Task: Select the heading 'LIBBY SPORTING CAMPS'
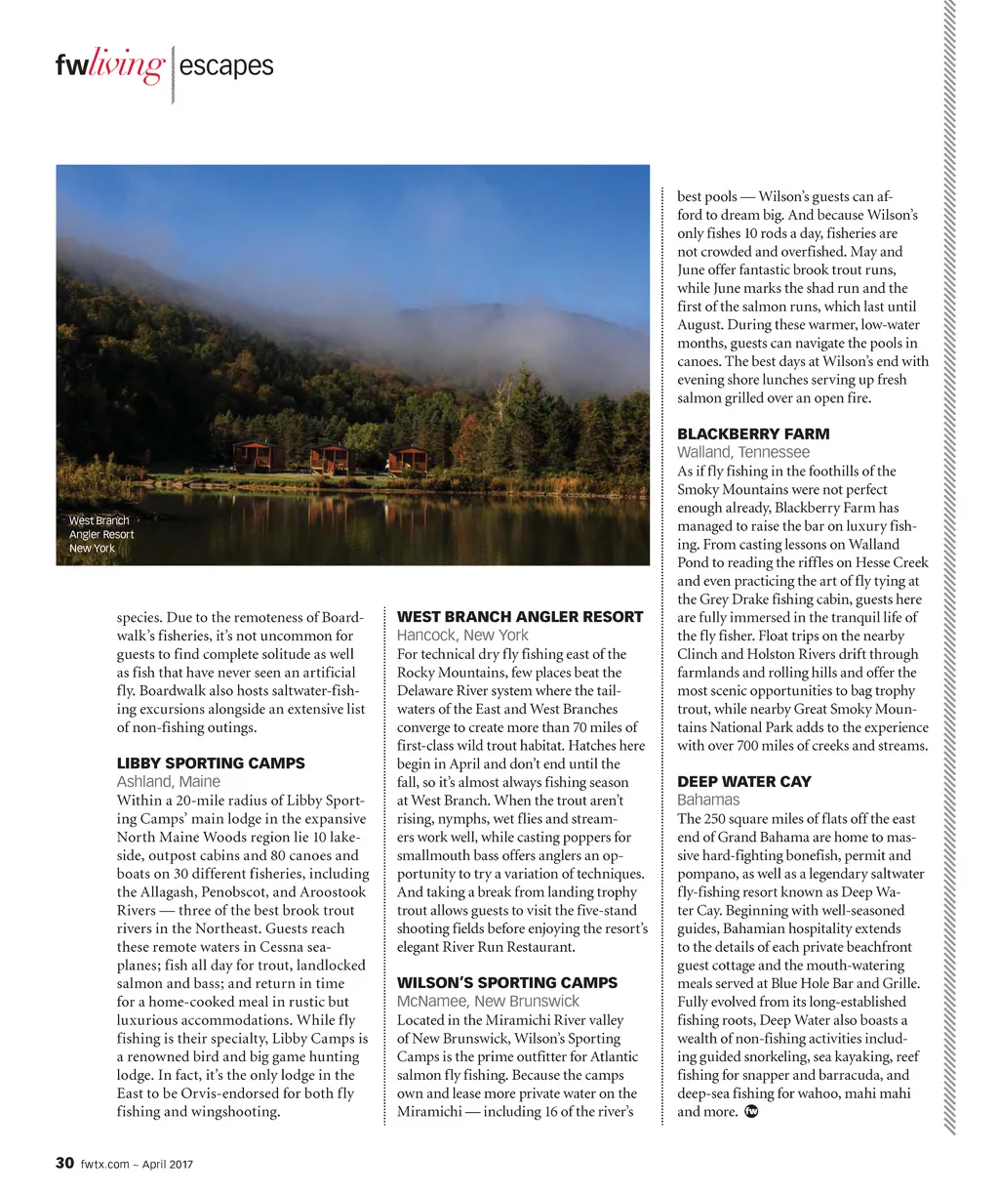click(211, 763)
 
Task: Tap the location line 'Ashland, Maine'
click(169, 782)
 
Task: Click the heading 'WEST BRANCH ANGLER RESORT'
click(520, 617)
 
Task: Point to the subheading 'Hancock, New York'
click(462, 636)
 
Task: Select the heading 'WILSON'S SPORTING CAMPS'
click(507, 983)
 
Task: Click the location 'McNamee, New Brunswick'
click(488, 1002)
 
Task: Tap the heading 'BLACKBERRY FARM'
click(753, 434)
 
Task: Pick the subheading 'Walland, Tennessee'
click(743, 453)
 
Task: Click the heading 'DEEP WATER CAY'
click(743, 782)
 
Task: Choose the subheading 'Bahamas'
click(708, 801)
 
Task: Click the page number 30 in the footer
click(64, 1163)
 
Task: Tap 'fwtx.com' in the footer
click(104, 1164)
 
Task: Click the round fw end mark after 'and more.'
click(751, 1111)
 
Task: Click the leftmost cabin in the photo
click(255, 455)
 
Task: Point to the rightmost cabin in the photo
click(408, 460)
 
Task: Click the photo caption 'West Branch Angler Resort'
click(100, 534)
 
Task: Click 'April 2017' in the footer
click(168, 1164)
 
